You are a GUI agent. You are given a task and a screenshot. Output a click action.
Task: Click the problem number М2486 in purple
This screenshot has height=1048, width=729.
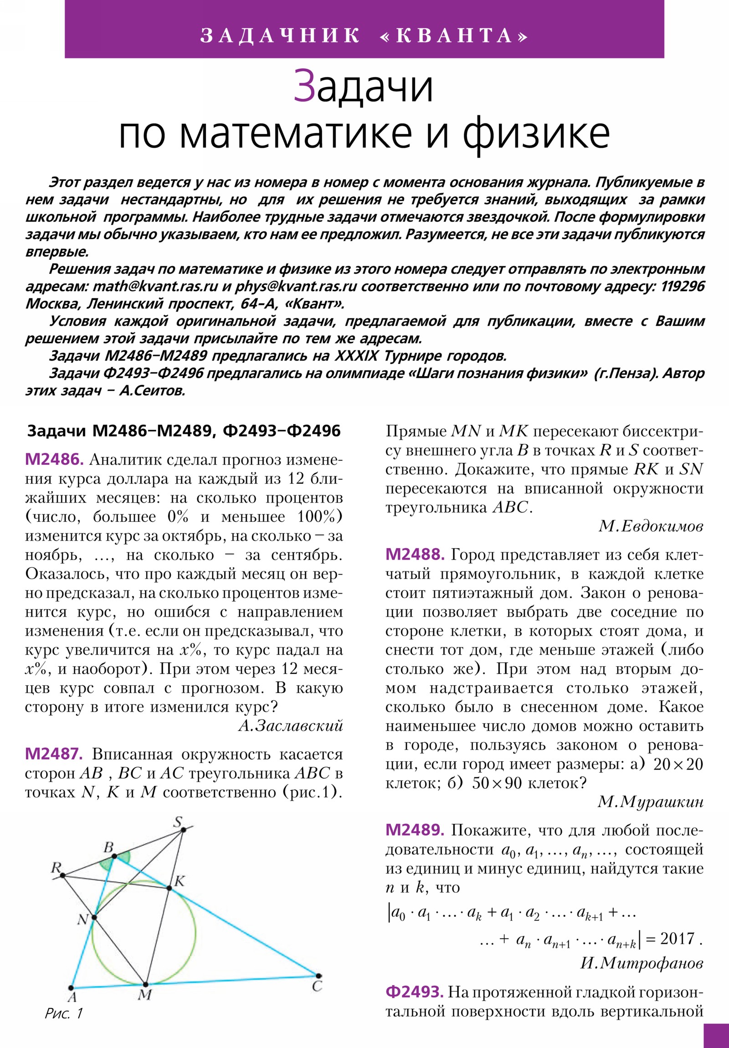[54, 460]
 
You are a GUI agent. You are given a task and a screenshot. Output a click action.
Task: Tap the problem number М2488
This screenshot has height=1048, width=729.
[415, 555]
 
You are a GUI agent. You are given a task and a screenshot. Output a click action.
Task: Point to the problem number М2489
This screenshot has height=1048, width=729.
[415, 830]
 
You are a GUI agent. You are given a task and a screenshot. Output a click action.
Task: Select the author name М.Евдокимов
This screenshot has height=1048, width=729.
[651, 526]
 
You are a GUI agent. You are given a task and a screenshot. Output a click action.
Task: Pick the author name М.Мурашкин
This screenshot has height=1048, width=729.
[651, 802]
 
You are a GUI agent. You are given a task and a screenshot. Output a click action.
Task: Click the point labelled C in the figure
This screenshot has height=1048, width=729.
[318, 976]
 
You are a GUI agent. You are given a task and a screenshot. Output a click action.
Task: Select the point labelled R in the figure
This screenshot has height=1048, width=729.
[63, 875]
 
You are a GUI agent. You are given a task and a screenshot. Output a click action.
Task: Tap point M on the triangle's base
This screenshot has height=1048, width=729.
[145, 985]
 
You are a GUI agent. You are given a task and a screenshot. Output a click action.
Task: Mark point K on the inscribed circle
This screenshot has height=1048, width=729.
[169, 888]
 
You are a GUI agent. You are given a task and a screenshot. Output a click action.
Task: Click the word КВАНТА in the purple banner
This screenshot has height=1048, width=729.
[454, 36]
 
